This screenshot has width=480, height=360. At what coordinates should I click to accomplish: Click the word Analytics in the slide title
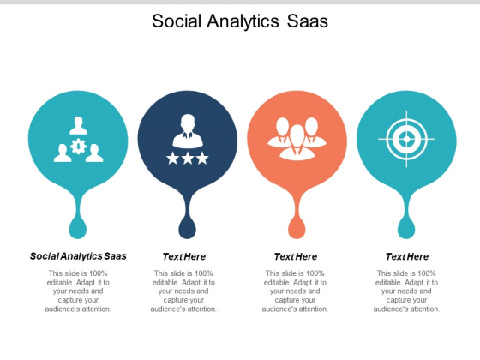[x=243, y=21]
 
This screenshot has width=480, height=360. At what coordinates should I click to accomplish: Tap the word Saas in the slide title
[x=308, y=21]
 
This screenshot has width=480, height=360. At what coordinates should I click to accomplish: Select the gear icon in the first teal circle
[x=78, y=146]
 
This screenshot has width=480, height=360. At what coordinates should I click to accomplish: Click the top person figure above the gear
[x=78, y=125]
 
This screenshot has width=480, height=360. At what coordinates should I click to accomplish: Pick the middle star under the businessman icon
[x=188, y=159]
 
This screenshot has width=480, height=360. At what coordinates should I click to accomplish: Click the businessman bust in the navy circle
[x=188, y=131]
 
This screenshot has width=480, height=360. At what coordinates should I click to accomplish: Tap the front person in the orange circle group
[x=297, y=142]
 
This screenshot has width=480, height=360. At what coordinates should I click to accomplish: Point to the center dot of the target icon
[x=406, y=139]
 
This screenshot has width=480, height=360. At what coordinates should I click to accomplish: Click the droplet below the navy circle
[x=188, y=227]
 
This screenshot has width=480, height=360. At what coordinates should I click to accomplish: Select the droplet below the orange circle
[x=297, y=227]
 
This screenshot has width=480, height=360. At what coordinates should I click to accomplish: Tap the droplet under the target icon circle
[x=406, y=227]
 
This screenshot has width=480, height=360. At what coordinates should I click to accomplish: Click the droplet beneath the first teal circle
[x=78, y=227]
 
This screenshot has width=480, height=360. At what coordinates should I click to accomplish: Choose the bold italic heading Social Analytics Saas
[x=78, y=256]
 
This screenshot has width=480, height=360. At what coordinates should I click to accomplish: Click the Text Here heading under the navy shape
[x=184, y=256]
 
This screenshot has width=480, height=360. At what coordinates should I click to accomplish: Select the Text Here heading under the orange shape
[x=296, y=256]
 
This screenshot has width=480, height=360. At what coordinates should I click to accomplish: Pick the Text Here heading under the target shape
[x=407, y=256]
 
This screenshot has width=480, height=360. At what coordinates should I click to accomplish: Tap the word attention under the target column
[x=424, y=309]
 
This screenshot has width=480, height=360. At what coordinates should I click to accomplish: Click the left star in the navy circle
[x=172, y=159]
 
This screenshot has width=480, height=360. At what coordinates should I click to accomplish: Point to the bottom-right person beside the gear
[x=94, y=153]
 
